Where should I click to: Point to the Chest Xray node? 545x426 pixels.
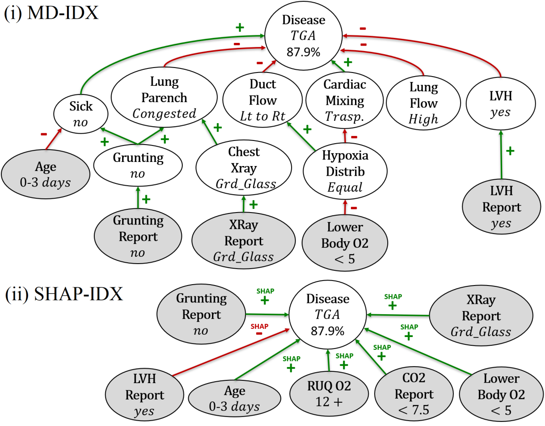(243, 167)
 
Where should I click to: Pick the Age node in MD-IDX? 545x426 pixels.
(46, 174)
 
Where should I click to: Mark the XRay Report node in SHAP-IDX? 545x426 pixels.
(480, 316)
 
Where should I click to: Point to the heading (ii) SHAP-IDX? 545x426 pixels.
(64, 294)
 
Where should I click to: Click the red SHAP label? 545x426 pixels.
(259, 326)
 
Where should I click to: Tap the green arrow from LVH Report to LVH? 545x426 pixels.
(501, 155)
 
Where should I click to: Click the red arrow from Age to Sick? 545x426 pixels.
(54, 140)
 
